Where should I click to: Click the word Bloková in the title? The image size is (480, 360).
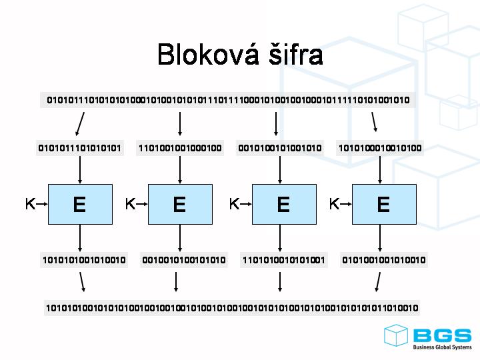203,55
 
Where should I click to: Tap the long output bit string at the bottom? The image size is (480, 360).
232,308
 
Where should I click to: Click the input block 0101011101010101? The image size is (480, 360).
80,148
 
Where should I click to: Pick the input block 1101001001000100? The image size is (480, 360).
180,148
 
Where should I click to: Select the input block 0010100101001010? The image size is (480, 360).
280,148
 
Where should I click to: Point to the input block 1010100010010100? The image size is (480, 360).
380,148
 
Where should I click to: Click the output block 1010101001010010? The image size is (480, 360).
84,260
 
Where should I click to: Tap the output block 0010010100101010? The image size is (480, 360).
184,260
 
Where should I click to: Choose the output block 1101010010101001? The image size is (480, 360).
284,260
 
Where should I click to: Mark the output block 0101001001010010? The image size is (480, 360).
384,260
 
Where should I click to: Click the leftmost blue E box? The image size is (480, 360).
79,204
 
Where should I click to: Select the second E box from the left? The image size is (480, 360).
179,204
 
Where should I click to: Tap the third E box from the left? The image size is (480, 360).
283,204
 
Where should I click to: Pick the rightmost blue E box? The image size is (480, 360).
383,204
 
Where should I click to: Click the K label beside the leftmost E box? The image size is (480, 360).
30,204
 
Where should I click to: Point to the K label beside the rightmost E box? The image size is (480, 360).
334,204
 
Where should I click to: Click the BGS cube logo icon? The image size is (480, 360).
395,335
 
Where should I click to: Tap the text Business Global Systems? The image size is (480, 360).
442,347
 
